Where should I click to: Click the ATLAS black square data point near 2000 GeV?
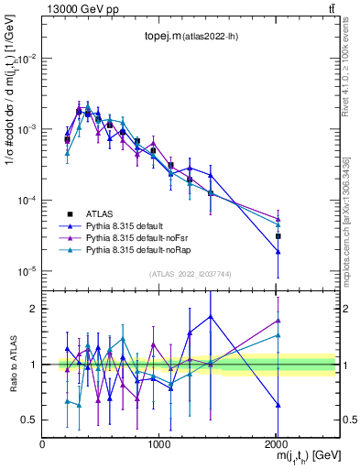tap(278, 236)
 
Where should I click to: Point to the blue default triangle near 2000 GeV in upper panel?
tap(278, 251)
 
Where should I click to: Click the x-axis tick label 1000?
tap(159, 444)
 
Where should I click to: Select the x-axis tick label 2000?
tap(278, 444)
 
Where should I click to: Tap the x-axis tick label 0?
tap(42, 444)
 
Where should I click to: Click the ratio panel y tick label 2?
tap(33, 309)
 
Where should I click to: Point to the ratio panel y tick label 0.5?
tap(29, 420)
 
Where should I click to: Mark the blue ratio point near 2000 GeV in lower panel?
tap(278, 404)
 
